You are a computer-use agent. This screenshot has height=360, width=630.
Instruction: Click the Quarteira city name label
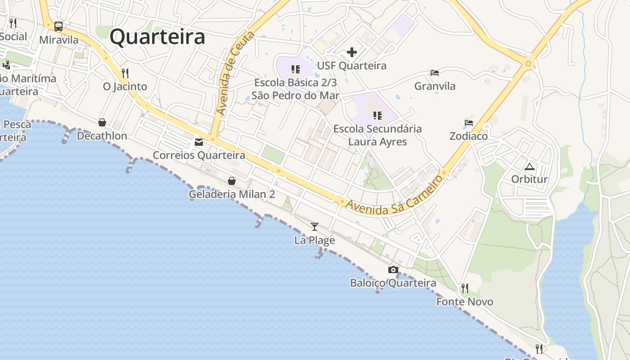(157, 37)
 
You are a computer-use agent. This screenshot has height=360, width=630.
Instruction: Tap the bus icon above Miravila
(58, 26)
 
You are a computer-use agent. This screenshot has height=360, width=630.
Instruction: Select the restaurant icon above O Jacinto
(125, 73)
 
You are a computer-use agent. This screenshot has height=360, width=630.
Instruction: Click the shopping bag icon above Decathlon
(102, 122)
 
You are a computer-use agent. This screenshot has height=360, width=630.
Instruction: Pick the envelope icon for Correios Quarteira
(198, 142)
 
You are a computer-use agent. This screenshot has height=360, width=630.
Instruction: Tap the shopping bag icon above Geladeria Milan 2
(232, 181)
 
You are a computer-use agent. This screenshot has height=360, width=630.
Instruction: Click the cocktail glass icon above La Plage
(315, 227)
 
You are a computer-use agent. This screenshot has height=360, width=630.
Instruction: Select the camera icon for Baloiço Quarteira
(393, 270)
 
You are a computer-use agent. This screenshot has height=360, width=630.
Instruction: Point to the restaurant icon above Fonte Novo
(465, 288)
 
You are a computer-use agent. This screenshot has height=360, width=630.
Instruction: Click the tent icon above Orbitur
(530, 166)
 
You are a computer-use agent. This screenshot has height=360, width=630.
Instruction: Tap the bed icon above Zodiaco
(469, 122)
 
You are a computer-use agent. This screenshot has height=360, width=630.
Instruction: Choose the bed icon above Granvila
(435, 72)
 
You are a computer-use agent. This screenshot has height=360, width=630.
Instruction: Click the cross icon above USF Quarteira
(352, 53)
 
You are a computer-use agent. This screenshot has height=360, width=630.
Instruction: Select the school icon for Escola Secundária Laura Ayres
(378, 116)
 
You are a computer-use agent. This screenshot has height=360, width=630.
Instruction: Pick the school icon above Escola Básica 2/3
(295, 69)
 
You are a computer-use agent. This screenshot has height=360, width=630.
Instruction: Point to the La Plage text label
(315, 240)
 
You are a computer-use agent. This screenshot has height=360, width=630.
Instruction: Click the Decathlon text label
(102, 136)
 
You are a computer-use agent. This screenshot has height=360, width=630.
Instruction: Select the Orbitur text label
(530, 179)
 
